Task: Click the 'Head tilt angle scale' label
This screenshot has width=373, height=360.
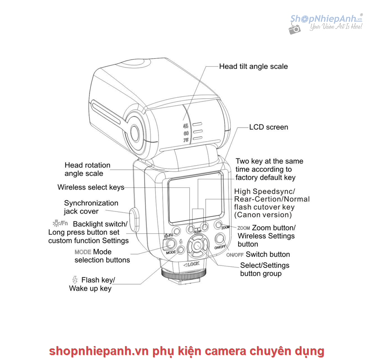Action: point(253,66)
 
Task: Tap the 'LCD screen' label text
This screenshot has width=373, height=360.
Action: point(269,127)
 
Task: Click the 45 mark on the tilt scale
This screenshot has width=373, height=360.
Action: point(186,126)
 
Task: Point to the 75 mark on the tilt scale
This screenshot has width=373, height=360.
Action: point(186,140)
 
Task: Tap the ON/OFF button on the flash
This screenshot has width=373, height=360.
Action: point(220,238)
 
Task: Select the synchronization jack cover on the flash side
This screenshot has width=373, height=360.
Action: point(134,220)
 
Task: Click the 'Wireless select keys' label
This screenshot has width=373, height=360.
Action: point(91,187)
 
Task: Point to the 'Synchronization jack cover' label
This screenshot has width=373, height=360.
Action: point(91,207)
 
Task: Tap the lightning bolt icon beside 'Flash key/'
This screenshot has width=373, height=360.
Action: point(75,280)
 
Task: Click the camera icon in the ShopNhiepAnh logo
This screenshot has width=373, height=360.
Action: point(295,29)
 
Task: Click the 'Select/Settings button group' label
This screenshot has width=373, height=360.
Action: point(265,269)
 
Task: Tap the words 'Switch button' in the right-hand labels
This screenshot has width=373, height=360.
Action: point(268,254)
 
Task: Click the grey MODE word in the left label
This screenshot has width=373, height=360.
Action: point(83,252)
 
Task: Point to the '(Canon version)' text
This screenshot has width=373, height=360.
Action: point(263,215)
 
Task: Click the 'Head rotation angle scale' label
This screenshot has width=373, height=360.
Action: point(88,169)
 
